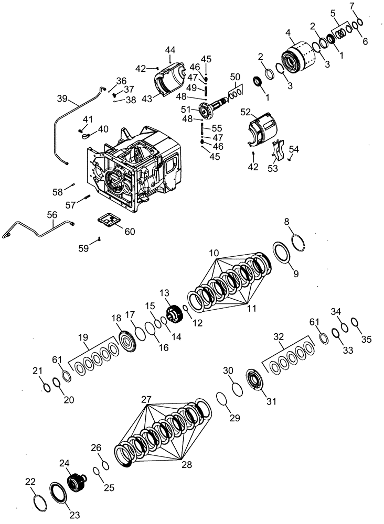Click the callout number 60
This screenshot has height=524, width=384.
coord(129,232)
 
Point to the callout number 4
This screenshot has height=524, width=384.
coord(287,33)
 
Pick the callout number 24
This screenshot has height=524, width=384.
coord(65,463)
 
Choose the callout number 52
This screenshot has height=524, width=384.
coord(245,112)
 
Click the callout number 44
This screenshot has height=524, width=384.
coord(170,50)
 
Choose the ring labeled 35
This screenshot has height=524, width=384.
coord(354,322)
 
